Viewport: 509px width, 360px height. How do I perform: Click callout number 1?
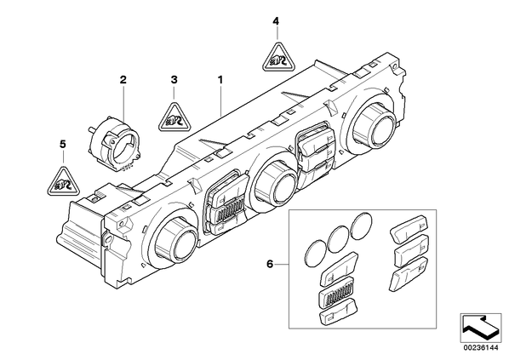click(220, 79)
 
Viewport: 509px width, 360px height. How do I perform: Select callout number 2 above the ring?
click(123, 79)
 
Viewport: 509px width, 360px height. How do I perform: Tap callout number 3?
click(174, 79)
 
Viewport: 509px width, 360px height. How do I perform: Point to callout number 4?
click(276, 22)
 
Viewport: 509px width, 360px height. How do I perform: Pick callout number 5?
click(63, 144)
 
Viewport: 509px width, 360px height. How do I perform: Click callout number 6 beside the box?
click(270, 264)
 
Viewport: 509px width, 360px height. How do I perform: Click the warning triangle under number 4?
click(277, 58)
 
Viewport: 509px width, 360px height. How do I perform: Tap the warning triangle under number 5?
click(63, 183)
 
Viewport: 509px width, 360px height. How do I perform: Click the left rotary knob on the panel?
click(176, 239)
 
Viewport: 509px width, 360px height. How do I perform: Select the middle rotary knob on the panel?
click(276, 184)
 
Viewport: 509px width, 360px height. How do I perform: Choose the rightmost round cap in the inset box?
click(362, 226)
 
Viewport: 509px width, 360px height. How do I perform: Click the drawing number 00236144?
click(480, 348)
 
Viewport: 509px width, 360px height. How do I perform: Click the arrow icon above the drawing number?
click(480, 328)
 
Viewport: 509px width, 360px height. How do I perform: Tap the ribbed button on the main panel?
click(226, 212)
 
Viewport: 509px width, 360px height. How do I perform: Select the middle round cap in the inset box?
click(339, 239)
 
